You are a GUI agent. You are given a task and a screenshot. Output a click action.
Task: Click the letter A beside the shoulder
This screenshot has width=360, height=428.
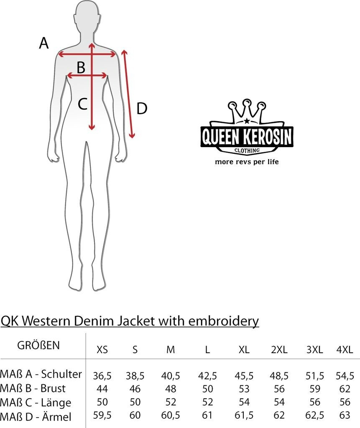(x=44, y=43)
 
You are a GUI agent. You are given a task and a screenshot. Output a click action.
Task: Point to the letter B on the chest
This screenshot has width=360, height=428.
(x=81, y=67)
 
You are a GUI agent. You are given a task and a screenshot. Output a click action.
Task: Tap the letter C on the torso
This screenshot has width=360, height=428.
(x=83, y=104)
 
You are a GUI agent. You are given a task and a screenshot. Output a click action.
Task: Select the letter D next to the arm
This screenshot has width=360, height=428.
(x=142, y=109)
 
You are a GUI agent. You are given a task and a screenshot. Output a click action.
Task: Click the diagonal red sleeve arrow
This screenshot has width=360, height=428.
(x=128, y=94)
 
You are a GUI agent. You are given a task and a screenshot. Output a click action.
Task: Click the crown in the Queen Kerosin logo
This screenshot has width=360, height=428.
(x=247, y=111)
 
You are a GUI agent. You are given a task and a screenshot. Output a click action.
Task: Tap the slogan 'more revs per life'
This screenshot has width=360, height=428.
(x=247, y=162)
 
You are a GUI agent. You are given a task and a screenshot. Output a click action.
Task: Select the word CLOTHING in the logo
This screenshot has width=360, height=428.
(x=247, y=150)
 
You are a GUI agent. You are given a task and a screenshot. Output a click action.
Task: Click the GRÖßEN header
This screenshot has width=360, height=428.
(x=38, y=345)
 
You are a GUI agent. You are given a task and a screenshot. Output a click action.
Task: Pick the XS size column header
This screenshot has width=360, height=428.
(x=102, y=350)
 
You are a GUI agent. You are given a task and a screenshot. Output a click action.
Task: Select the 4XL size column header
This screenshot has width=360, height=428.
(x=345, y=350)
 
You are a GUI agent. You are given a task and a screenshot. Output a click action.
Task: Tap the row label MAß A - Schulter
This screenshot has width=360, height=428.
(x=41, y=374)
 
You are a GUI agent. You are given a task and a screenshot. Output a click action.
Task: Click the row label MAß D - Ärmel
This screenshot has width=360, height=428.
(x=36, y=416)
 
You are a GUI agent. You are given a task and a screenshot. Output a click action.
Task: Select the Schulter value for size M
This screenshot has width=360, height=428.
(x=171, y=376)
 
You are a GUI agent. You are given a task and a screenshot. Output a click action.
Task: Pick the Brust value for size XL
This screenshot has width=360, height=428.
(x=244, y=389)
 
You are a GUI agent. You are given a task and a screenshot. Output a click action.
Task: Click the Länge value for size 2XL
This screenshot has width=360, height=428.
(x=279, y=403)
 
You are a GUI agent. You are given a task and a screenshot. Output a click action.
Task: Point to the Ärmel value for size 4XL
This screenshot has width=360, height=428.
(x=345, y=416)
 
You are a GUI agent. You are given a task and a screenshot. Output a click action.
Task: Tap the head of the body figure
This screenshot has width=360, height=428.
(x=87, y=17)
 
